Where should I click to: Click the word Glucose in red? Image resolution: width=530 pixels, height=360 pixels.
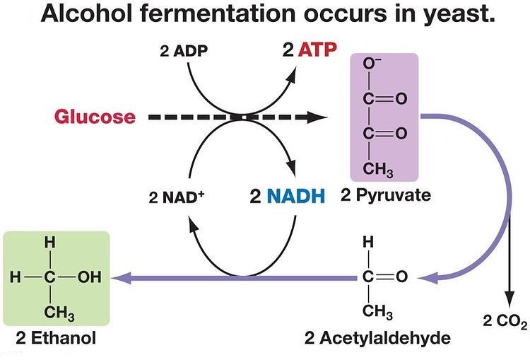(95, 117)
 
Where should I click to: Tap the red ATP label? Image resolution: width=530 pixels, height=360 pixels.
(318, 50)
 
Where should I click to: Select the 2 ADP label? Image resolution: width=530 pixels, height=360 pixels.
(184, 51)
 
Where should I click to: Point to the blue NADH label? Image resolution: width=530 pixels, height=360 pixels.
(296, 196)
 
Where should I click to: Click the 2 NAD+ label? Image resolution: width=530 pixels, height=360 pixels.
(177, 197)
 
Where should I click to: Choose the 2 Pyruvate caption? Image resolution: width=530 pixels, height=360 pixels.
(386, 195)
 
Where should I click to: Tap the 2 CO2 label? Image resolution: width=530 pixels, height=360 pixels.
(505, 320)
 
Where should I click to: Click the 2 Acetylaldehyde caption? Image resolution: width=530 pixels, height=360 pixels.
(377, 337)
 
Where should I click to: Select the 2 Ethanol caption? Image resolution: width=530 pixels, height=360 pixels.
(56, 337)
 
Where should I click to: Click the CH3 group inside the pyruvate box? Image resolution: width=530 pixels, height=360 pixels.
(378, 169)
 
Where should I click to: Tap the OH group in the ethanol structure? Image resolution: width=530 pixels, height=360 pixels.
(89, 277)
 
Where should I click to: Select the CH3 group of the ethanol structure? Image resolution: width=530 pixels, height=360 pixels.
(59, 313)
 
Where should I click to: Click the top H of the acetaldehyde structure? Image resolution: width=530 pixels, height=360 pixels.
(368, 243)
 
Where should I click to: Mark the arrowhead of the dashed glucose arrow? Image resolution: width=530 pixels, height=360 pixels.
(317, 117)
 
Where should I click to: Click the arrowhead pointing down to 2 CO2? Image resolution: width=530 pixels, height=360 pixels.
(510, 299)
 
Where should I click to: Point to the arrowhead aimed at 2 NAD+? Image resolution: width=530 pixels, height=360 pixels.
(194, 225)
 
